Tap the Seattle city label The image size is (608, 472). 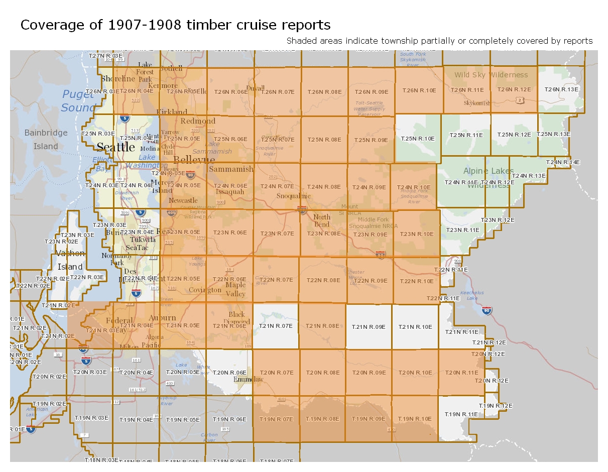pos(115,147)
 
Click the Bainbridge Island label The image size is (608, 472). pos(46,140)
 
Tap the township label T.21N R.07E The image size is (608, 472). pos(276,326)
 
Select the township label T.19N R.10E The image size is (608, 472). pos(415,419)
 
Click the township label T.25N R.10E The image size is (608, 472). pos(417,138)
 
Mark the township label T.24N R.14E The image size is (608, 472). pos(563,162)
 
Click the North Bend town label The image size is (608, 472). pos(322,220)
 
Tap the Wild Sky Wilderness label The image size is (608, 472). pos(491,75)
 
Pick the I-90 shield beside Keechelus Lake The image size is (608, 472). pos(487,311)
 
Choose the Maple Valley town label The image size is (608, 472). pos(235,289)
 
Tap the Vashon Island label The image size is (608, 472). pos(70,260)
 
